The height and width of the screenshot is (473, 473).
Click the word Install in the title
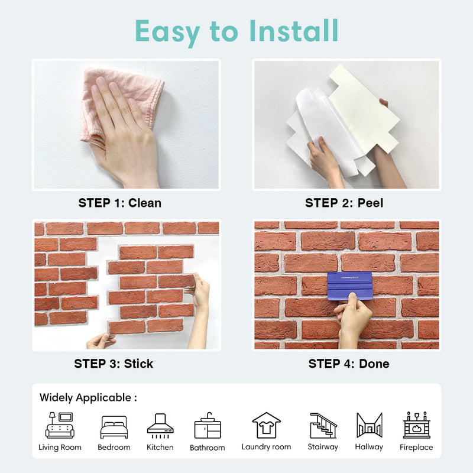(293, 31)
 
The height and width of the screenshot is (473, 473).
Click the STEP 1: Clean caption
(120, 203)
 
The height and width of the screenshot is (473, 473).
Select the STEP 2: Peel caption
(344, 203)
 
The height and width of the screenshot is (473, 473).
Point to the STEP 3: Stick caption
(114, 364)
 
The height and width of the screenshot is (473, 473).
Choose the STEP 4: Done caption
(349, 364)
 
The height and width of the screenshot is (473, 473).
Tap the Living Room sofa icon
(60, 425)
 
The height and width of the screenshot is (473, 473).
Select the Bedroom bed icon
(114, 427)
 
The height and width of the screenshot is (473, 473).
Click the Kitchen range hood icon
(160, 426)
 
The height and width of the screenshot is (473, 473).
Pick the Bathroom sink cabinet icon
(208, 425)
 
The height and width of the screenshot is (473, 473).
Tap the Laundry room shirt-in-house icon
(267, 425)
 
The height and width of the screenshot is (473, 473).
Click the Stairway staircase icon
(323, 425)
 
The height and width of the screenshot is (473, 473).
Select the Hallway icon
(369, 425)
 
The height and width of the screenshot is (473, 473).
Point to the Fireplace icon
(417, 425)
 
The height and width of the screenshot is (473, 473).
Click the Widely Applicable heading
(88, 397)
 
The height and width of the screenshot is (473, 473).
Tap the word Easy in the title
(167, 32)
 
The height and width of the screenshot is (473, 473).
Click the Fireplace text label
(416, 447)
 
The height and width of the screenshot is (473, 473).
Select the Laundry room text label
(266, 447)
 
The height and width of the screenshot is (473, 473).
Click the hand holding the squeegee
(352, 320)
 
